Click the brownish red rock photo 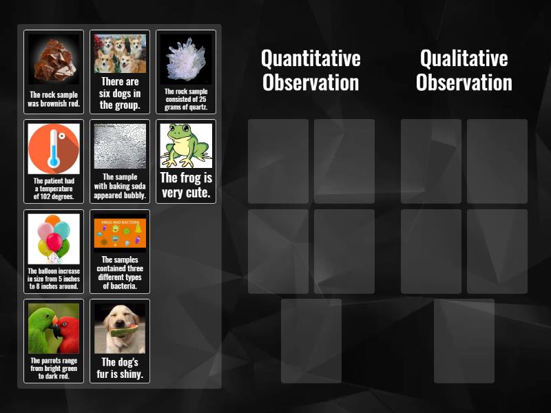coord(54,60)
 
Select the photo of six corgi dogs coord(120,54)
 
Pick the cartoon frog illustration coord(185,145)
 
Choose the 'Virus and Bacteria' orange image coord(120,233)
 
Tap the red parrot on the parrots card coord(67,330)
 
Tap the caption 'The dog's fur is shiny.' coord(120,368)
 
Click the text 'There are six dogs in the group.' coord(120,94)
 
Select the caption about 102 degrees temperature coord(54,189)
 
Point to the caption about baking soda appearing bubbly coord(120,186)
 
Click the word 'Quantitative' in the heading coord(311,58)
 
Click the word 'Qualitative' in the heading coord(464,58)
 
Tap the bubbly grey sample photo coord(120,146)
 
